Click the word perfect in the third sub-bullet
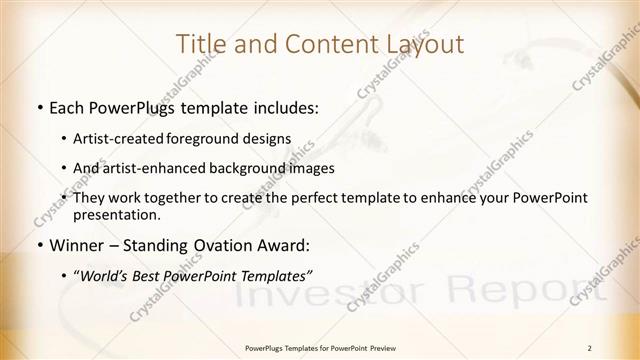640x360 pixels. click(x=336, y=199)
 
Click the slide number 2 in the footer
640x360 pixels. click(x=591, y=348)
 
